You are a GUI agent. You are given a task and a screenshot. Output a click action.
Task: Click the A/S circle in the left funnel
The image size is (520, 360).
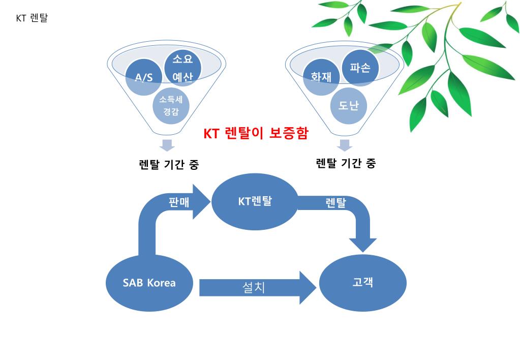tap(143, 78)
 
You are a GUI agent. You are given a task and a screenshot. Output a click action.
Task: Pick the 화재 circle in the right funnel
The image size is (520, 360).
tap(321, 77)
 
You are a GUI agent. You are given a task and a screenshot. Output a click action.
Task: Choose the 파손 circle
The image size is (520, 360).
tap(360, 68)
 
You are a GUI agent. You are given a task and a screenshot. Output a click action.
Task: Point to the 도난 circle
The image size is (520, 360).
tap(348, 106)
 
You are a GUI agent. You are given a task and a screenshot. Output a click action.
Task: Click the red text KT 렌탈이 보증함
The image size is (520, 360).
tap(256, 133)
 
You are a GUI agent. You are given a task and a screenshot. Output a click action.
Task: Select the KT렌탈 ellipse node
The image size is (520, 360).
tap(255, 201)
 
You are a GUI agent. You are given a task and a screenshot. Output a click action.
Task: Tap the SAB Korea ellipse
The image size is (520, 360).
tap(149, 283)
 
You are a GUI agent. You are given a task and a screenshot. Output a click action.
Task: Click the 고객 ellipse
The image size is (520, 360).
tap(362, 283)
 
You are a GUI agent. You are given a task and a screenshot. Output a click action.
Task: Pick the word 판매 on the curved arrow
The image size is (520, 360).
tap(179, 201)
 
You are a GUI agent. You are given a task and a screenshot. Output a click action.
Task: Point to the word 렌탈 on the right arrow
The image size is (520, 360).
tap(335, 202)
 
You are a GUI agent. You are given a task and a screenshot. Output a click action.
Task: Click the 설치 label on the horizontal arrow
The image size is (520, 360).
tap(254, 287)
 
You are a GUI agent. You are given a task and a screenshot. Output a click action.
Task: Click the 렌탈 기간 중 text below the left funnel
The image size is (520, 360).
tap(169, 165)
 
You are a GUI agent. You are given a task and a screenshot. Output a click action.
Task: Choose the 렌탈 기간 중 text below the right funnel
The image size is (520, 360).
tap(346, 163)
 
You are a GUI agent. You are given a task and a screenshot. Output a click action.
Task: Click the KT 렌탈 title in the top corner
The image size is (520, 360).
tap(32, 18)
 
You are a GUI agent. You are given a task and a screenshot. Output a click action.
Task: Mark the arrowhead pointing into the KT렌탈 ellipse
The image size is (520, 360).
tap(201, 202)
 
